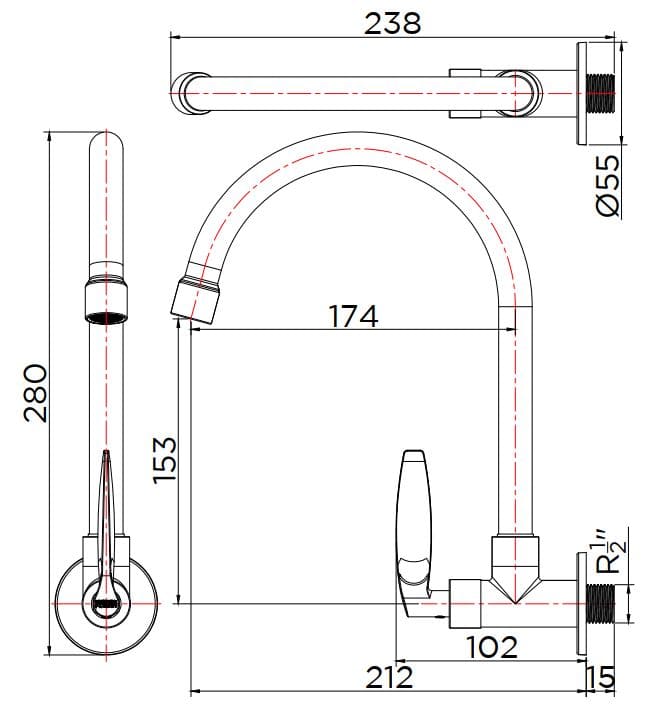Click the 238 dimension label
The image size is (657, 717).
pos(392,23)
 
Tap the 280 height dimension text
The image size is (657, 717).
pos(35,393)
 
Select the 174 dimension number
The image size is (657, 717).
pos(353,316)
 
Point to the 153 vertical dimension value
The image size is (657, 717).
pos(165,460)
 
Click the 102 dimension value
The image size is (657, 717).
pos(492,647)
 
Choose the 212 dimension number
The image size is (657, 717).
pos(390,677)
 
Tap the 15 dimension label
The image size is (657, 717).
pos(601,677)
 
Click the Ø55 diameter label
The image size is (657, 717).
pos(609,185)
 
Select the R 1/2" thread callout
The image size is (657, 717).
pos(610,552)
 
